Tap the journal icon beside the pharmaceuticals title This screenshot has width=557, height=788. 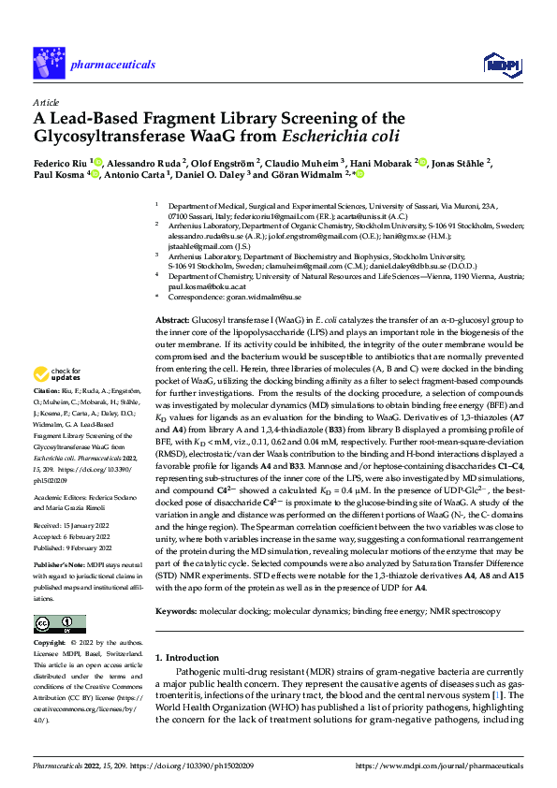click(46, 57)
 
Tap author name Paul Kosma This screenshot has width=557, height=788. click(58, 174)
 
